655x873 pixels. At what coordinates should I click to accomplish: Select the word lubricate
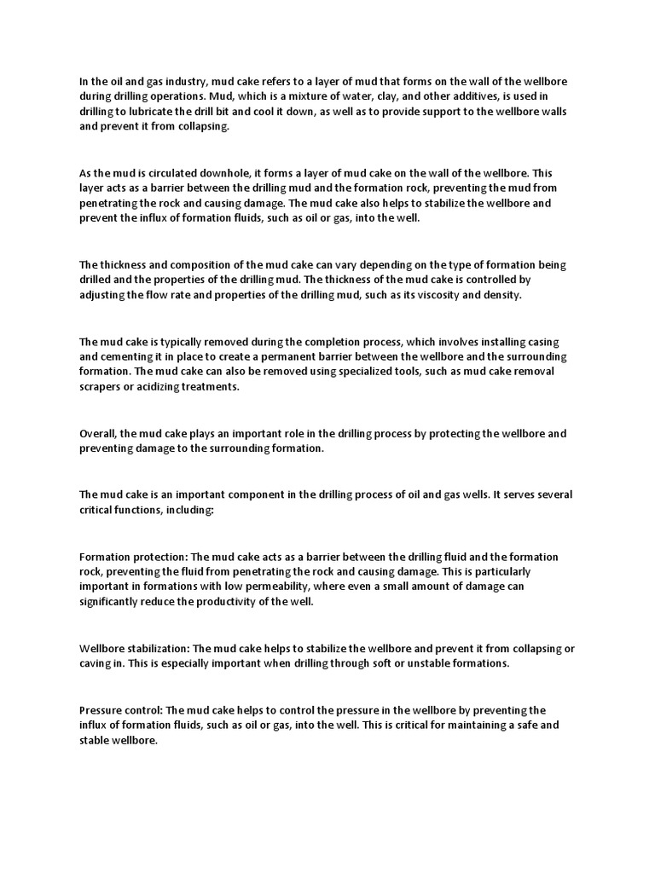point(139,112)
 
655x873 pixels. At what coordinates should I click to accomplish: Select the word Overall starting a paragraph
point(98,432)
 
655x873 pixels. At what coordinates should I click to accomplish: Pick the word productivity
point(228,603)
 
